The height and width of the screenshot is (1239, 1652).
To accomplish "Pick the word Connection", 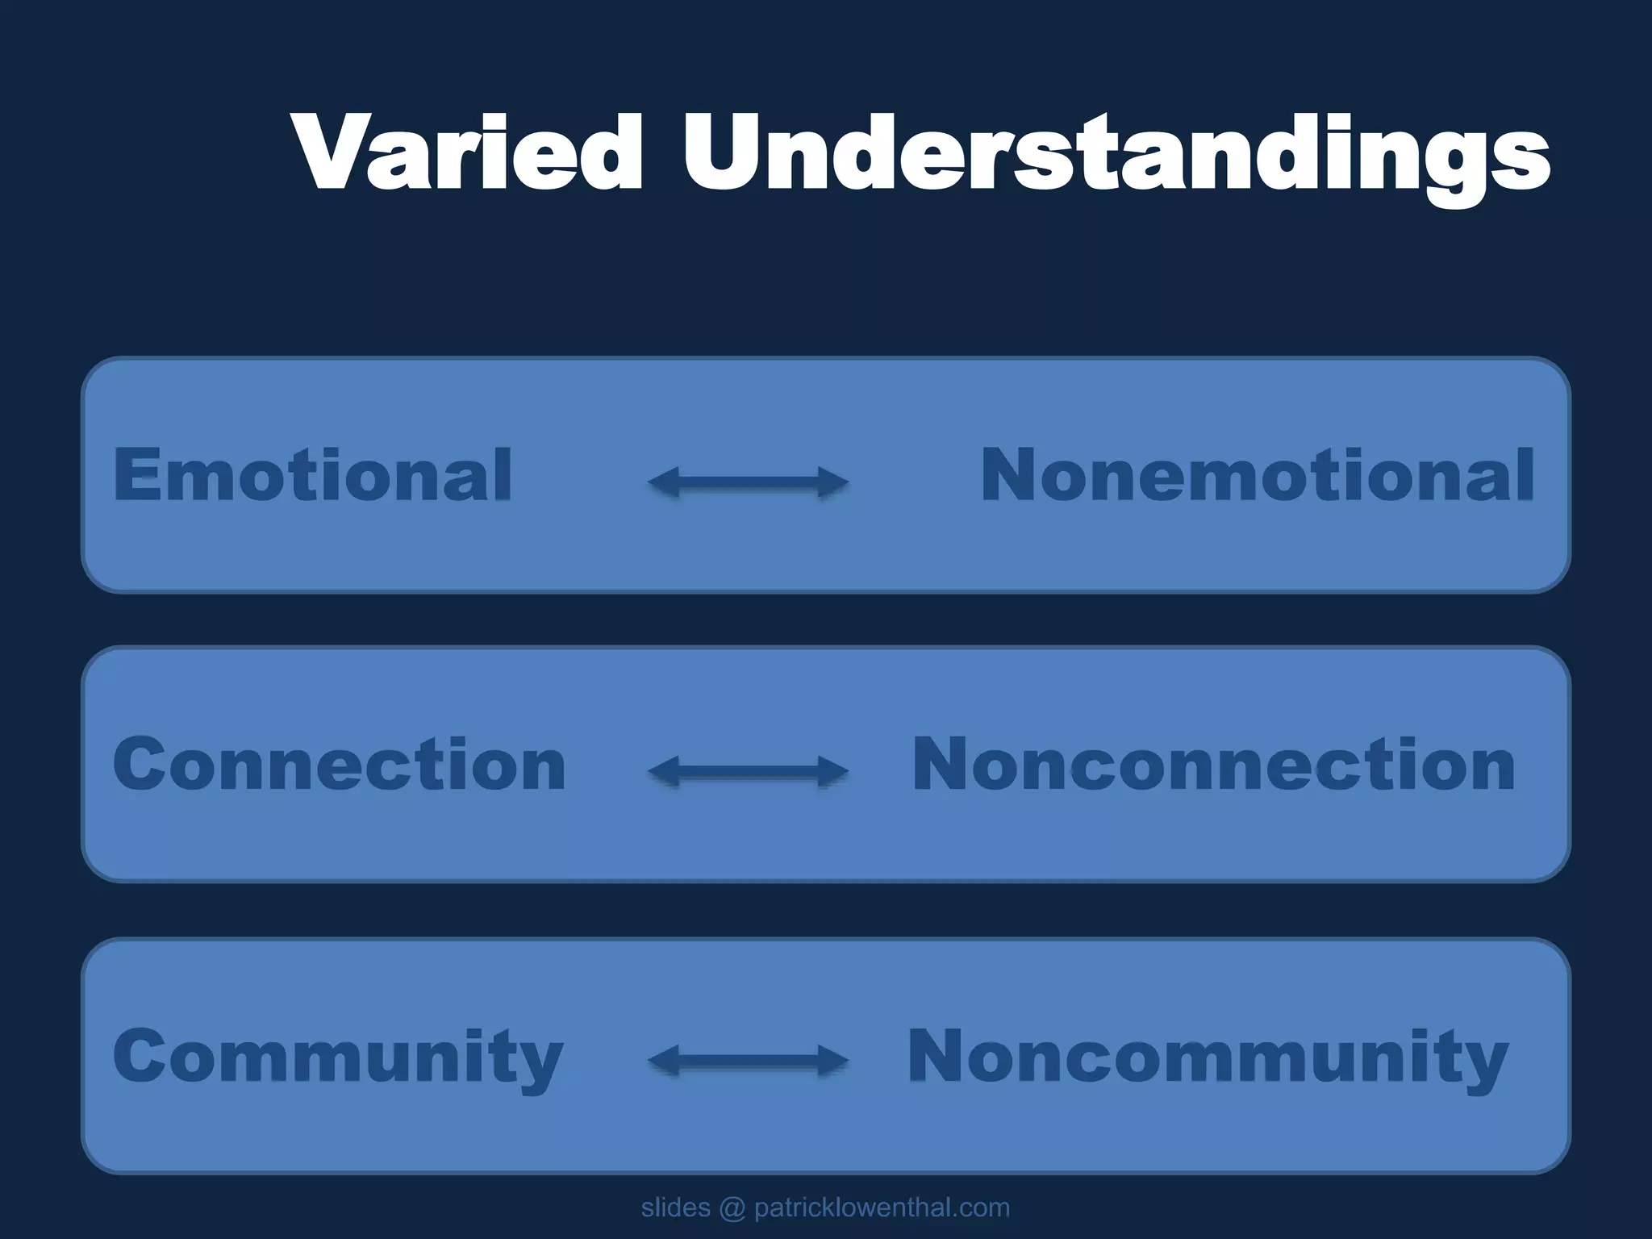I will point(340,764).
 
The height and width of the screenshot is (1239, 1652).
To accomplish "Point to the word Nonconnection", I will point(1213,764).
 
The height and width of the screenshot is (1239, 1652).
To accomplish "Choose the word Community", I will point(338,1057).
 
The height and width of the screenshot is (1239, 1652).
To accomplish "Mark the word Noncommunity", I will point(1208,1057).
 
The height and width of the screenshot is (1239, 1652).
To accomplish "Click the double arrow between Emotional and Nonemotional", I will point(748,482).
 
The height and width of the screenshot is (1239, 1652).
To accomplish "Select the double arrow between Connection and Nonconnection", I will point(748,771).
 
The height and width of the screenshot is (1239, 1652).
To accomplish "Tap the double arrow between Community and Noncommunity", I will point(748,1060).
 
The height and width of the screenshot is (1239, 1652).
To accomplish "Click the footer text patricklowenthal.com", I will point(882,1208).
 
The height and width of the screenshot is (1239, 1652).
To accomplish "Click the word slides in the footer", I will point(675,1208).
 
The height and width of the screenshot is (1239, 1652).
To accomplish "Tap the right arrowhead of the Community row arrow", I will point(834,1060).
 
